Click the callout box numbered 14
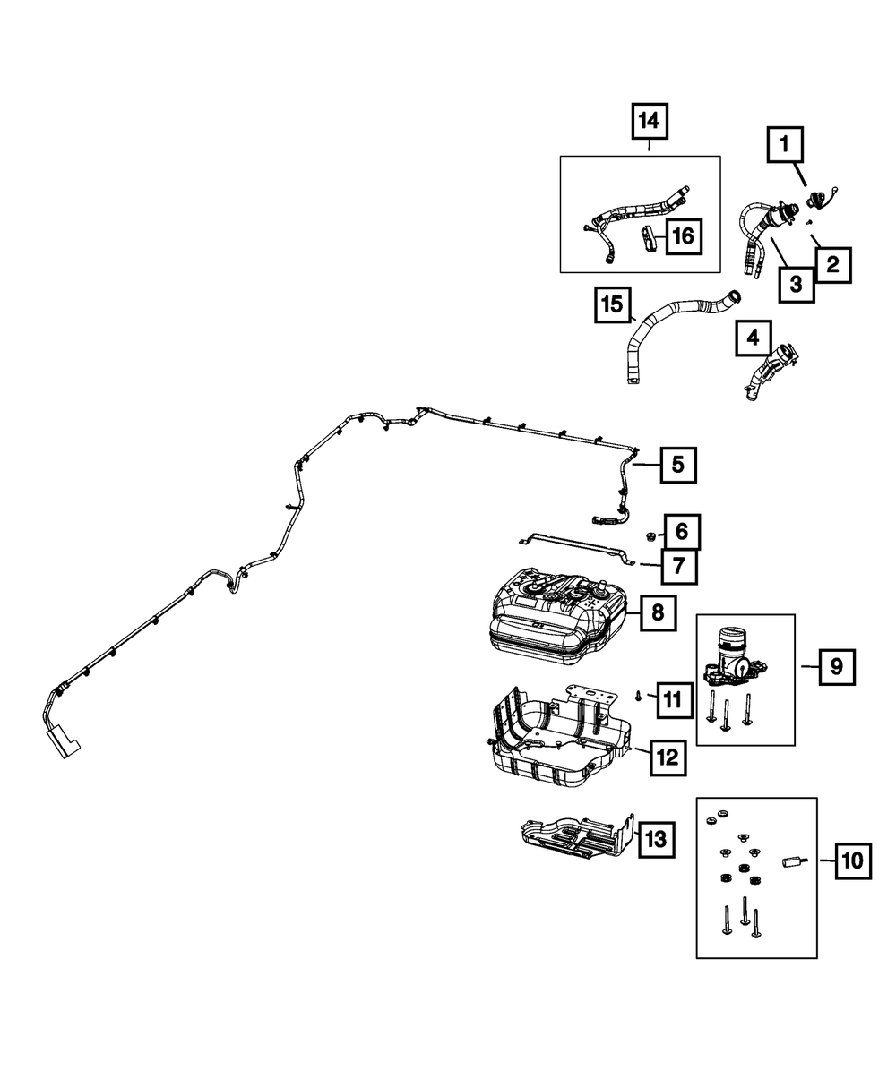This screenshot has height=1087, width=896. (649, 121)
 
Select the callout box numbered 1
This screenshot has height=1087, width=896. (785, 143)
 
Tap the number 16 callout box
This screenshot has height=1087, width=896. (684, 236)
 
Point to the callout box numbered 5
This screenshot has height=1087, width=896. (677, 465)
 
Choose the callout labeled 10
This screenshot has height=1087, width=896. (853, 861)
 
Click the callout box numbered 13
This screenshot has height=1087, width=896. (656, 839)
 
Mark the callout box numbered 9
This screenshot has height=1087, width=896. (837, 667)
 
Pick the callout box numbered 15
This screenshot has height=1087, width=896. (613, 304)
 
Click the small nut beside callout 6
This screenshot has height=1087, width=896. (650, 535)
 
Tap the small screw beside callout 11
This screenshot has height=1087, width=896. (637, 695)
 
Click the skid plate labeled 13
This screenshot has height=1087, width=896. (578, 836)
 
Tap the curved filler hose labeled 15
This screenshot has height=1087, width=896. (684, 336)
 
